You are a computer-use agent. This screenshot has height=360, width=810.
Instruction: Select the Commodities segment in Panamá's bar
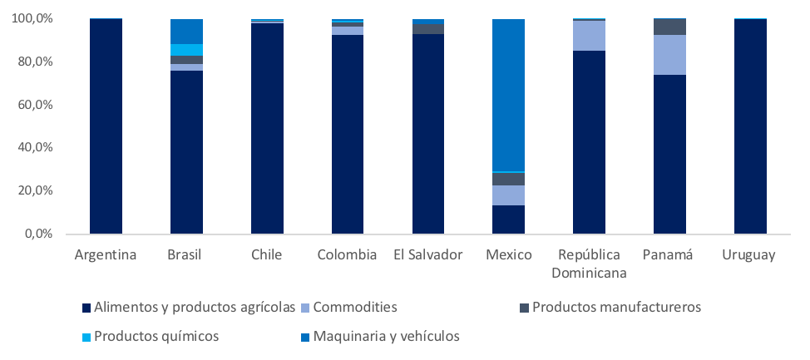669,55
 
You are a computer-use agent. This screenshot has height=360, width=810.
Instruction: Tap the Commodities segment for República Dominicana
589,36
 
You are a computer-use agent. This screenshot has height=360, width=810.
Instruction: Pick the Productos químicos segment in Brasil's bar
186,50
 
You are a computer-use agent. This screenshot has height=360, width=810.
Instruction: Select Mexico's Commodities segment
508,195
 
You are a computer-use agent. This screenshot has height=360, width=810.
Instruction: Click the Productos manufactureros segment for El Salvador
427,29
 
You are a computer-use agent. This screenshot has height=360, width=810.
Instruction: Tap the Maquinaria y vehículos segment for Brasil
186,32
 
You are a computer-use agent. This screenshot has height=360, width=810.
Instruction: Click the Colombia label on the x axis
347,254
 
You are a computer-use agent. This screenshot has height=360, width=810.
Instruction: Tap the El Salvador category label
427,254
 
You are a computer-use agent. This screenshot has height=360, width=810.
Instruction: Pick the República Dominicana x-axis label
589,263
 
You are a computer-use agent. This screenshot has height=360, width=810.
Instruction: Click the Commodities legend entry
354,308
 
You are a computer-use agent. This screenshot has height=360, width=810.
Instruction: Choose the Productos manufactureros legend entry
616,308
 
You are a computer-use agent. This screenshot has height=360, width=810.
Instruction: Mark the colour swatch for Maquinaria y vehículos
303,337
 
